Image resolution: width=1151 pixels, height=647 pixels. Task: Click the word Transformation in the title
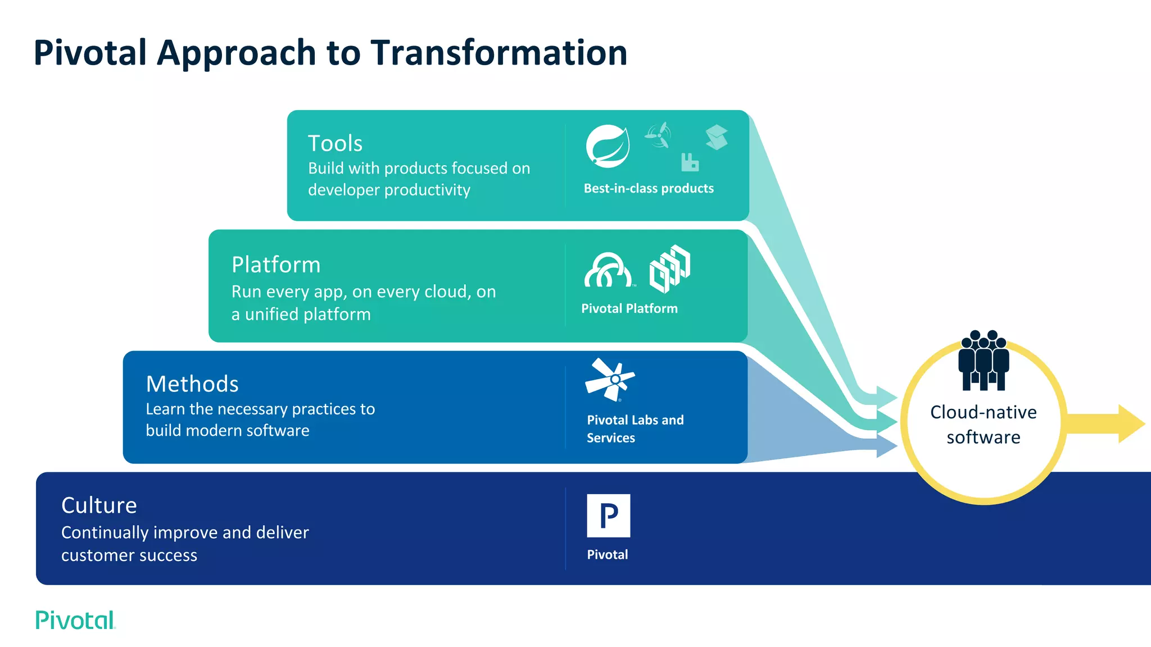[x=499, y=53]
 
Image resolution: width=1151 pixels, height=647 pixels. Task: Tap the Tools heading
[x=335, y=143]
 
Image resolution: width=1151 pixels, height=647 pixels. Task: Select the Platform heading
[x=276, y=265]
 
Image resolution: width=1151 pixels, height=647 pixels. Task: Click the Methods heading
[x=192, y=384]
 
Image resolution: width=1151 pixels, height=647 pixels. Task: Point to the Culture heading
[x=99, y=505]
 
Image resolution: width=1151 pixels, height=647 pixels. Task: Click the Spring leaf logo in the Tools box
[x=608, y=147]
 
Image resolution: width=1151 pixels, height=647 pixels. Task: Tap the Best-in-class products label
[x=649, y=189]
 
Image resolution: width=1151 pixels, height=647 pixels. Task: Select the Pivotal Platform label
[x=629, y=308]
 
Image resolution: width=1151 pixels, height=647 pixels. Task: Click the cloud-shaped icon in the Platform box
[x=608, y=271]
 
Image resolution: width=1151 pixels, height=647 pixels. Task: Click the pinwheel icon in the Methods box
[x=611, y=380]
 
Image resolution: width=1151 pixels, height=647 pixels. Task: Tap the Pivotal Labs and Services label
[x=635, y=429]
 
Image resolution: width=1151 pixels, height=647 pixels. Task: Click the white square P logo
[x=608, y=516]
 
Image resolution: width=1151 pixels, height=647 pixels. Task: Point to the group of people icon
[x=984, y=361]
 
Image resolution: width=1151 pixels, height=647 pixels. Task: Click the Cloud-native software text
[x=984, y=425]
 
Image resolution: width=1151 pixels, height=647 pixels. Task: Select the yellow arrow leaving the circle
[x=1107, y=424]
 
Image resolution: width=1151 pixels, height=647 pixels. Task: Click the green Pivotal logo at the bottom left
[x=75, y=620]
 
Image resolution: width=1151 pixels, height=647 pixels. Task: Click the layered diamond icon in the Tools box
[x=717, y=137]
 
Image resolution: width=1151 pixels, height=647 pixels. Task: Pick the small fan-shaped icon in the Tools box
[x=658, y=135]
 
